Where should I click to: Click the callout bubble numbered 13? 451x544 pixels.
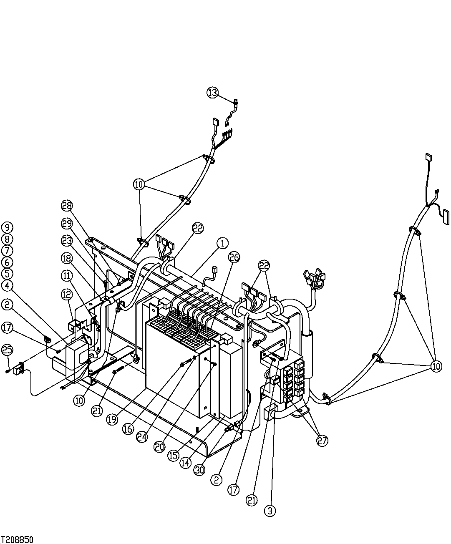213,93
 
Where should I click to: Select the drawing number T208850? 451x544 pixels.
17,539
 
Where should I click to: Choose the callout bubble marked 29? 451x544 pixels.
67,223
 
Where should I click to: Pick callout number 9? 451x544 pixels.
7,227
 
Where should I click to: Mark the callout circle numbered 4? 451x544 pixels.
7,285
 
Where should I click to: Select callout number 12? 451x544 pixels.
67,295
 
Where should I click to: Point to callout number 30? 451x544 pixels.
200,470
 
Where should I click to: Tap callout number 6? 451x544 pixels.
7,262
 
